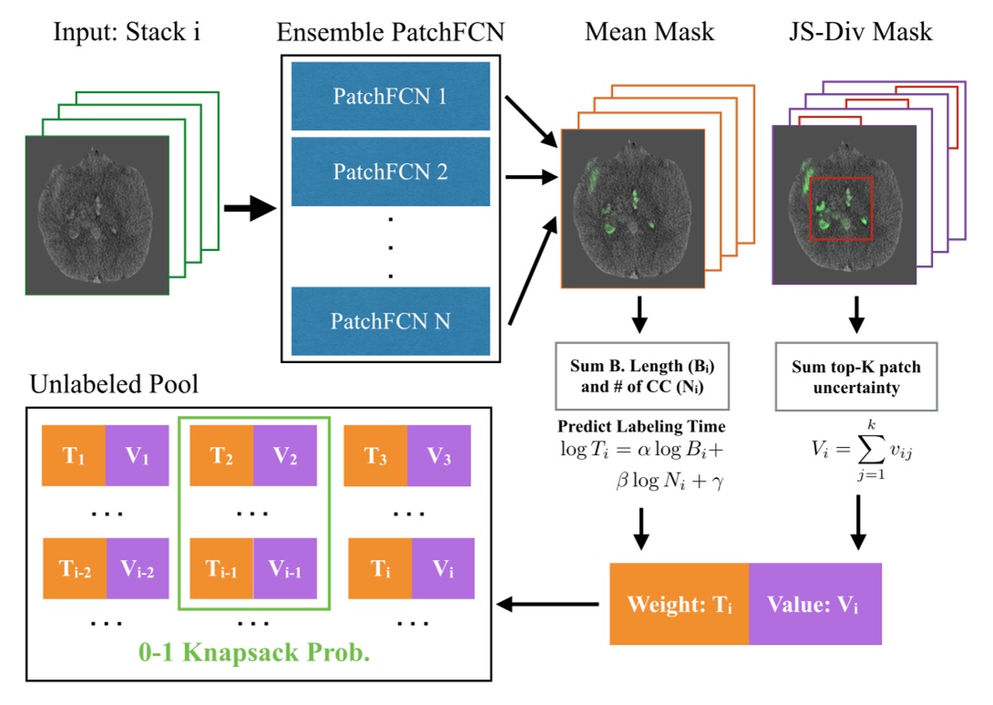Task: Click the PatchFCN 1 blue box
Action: [x=390, y=95]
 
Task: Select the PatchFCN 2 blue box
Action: [x=390, y=171]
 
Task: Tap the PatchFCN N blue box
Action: [x=390, y=320]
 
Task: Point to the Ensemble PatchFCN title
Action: [x=389, y=34]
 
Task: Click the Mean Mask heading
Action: [x=649, y=34]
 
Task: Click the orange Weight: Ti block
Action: [x=679, y=604]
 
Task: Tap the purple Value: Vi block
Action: [x=814, y=604]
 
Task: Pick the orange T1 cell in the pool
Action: [x=74, y=456]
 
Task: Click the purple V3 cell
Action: [x=439, y=456]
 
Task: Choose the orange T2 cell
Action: [x=220, y=456]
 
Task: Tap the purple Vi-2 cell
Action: [x=137, y=569]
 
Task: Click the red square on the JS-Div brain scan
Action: [x=841, y=209]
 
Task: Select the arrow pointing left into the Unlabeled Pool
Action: [x=546, y=604]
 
